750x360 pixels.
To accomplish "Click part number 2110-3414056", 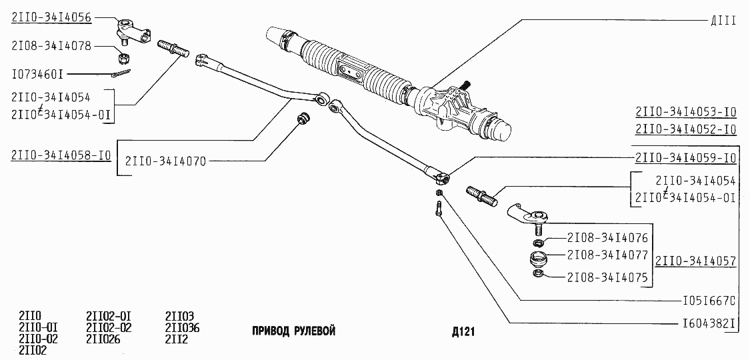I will pos(51,17).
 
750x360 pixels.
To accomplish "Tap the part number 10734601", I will pos(37,73).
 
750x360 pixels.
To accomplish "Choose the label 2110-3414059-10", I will pos(685,159).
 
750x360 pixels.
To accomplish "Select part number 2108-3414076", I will pos(607,237).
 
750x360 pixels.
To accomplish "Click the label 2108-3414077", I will pos(607,255).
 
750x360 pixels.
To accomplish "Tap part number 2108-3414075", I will pos(607,277).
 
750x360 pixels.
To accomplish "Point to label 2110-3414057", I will pos(696,261).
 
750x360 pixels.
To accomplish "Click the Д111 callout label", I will pos(724,21).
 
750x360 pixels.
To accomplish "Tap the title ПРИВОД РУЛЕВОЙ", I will pos(293,331).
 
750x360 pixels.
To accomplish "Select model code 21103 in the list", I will pos(179,316).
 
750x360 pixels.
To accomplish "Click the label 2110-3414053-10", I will pos(685,111).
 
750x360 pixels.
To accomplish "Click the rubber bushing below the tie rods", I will pos(304,119).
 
